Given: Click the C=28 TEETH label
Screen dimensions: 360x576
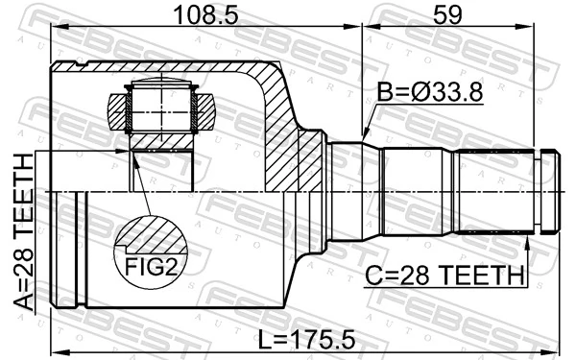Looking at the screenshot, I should [x=444, y=276].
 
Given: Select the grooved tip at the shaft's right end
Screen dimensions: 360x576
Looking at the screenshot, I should [x=549, y=191].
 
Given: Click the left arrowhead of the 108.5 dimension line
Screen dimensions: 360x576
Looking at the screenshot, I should [x=56, y=28].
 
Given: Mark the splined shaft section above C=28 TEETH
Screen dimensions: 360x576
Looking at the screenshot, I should [x=493, y=191].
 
